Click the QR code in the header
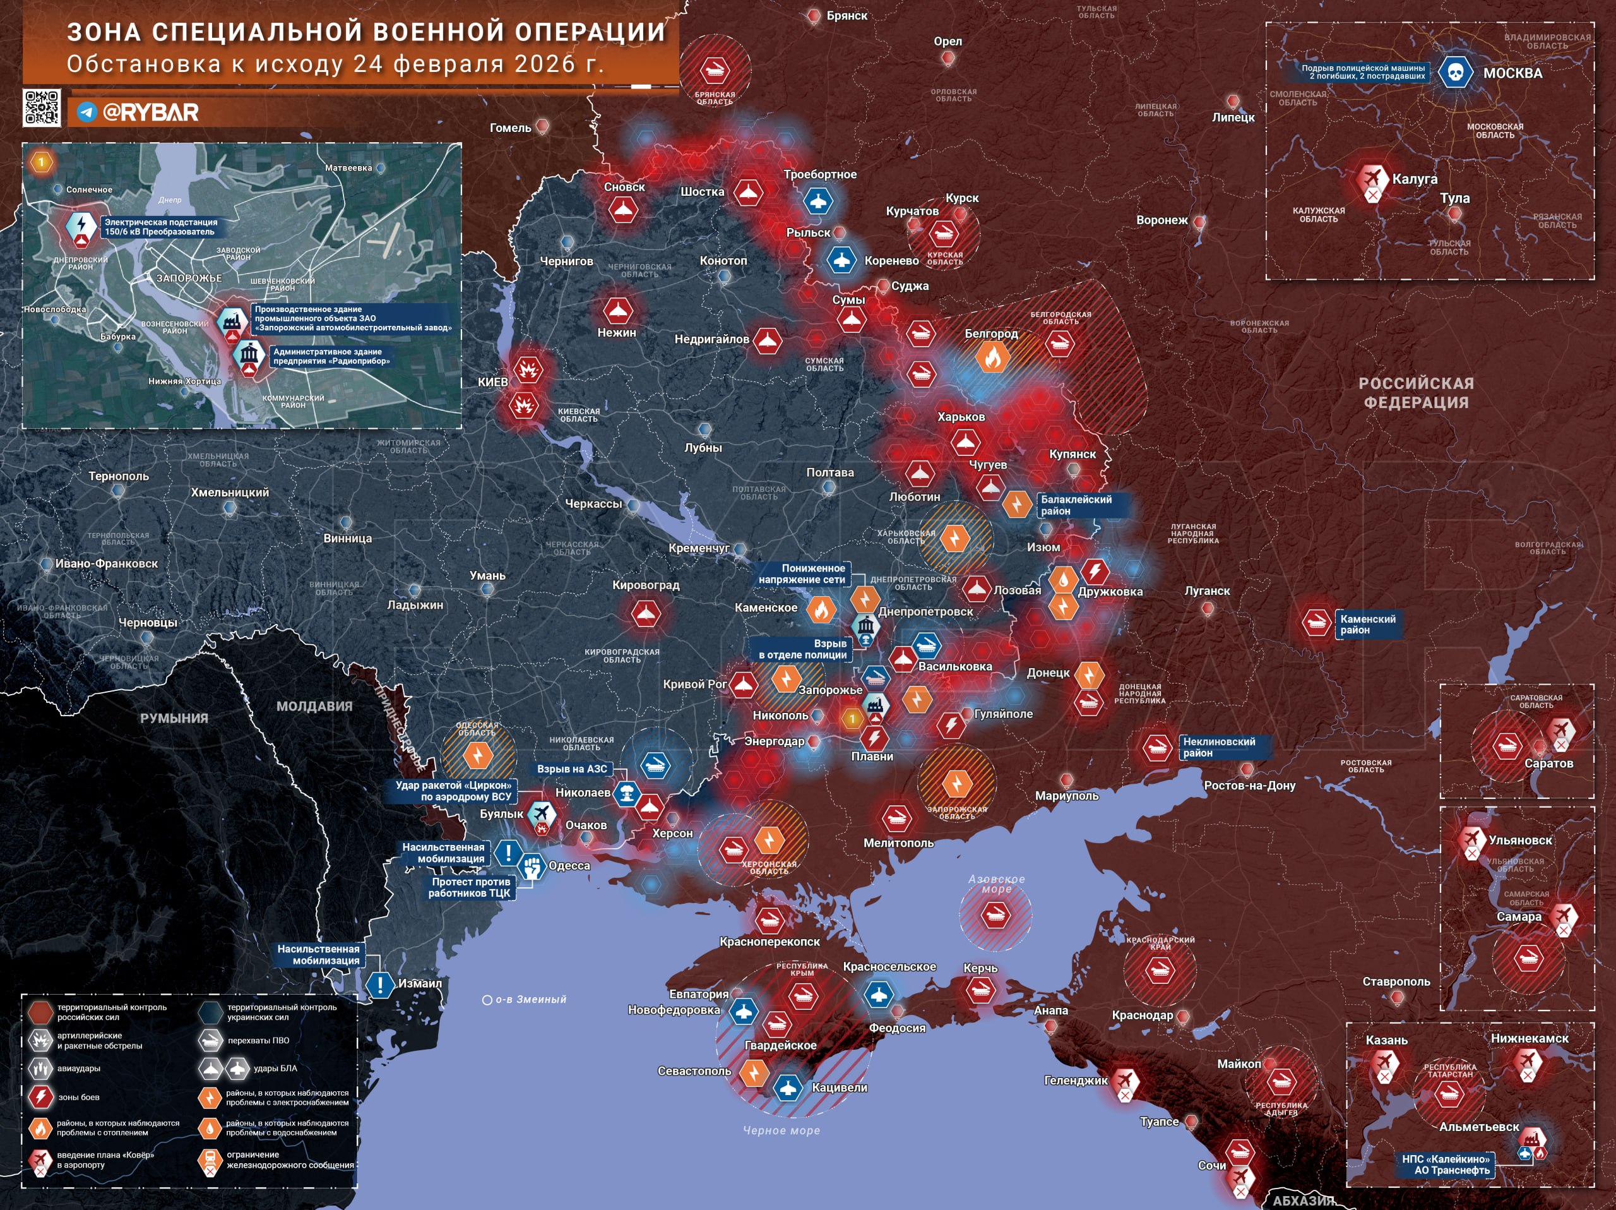[41, 108]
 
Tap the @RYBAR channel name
[150, 112]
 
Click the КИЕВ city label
[492, 382]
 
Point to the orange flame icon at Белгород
[992, 357]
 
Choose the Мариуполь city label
[1067, 796]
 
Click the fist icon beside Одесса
[533, 866]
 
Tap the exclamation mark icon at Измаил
[380, 984]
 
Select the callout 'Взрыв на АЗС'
[572, 769]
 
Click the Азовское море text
[997, 884]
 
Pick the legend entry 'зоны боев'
[79, 1097]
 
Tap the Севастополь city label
[694, 1071]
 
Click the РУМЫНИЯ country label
[174, 718]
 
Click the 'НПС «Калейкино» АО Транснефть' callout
[1445, 1164]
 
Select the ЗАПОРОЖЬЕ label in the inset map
[189, 279]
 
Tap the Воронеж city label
[1161, 220]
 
